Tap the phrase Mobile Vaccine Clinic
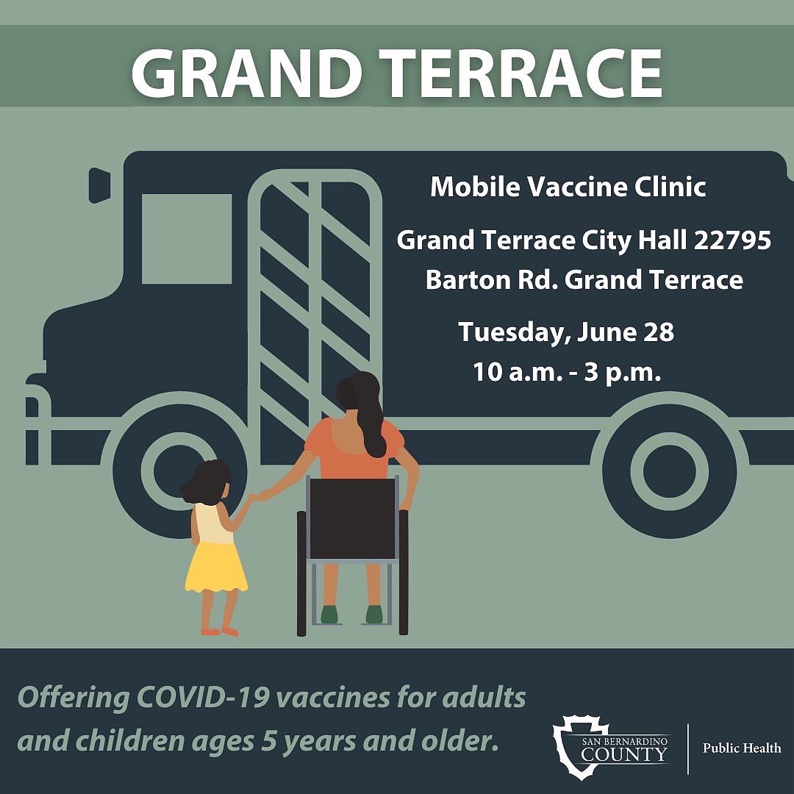tap(568, 187)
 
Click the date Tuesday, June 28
tap(566, 332)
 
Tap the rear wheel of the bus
tap(673, 469)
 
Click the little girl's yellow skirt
tap(215, 566)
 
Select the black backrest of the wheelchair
tap(353, 518)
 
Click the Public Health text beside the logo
tap(742, 748)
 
